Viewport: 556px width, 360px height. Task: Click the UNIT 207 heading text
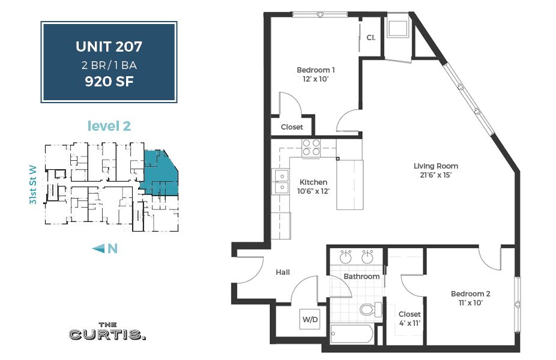109,46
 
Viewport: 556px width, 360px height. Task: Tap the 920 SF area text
109,80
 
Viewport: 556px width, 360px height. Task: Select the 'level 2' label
109,126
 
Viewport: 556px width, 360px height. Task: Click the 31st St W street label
34,185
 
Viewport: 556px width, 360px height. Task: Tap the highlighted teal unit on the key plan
161,174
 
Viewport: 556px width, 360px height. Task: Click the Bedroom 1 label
316,74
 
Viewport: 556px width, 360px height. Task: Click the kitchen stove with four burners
311,148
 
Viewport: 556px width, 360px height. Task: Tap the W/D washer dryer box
310,320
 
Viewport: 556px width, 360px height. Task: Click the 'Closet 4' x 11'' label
409,319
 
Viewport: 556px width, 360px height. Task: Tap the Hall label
283,272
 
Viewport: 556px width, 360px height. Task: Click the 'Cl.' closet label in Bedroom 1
370,38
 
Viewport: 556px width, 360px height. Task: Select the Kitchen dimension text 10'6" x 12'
313,191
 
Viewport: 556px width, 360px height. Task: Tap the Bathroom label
361,277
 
